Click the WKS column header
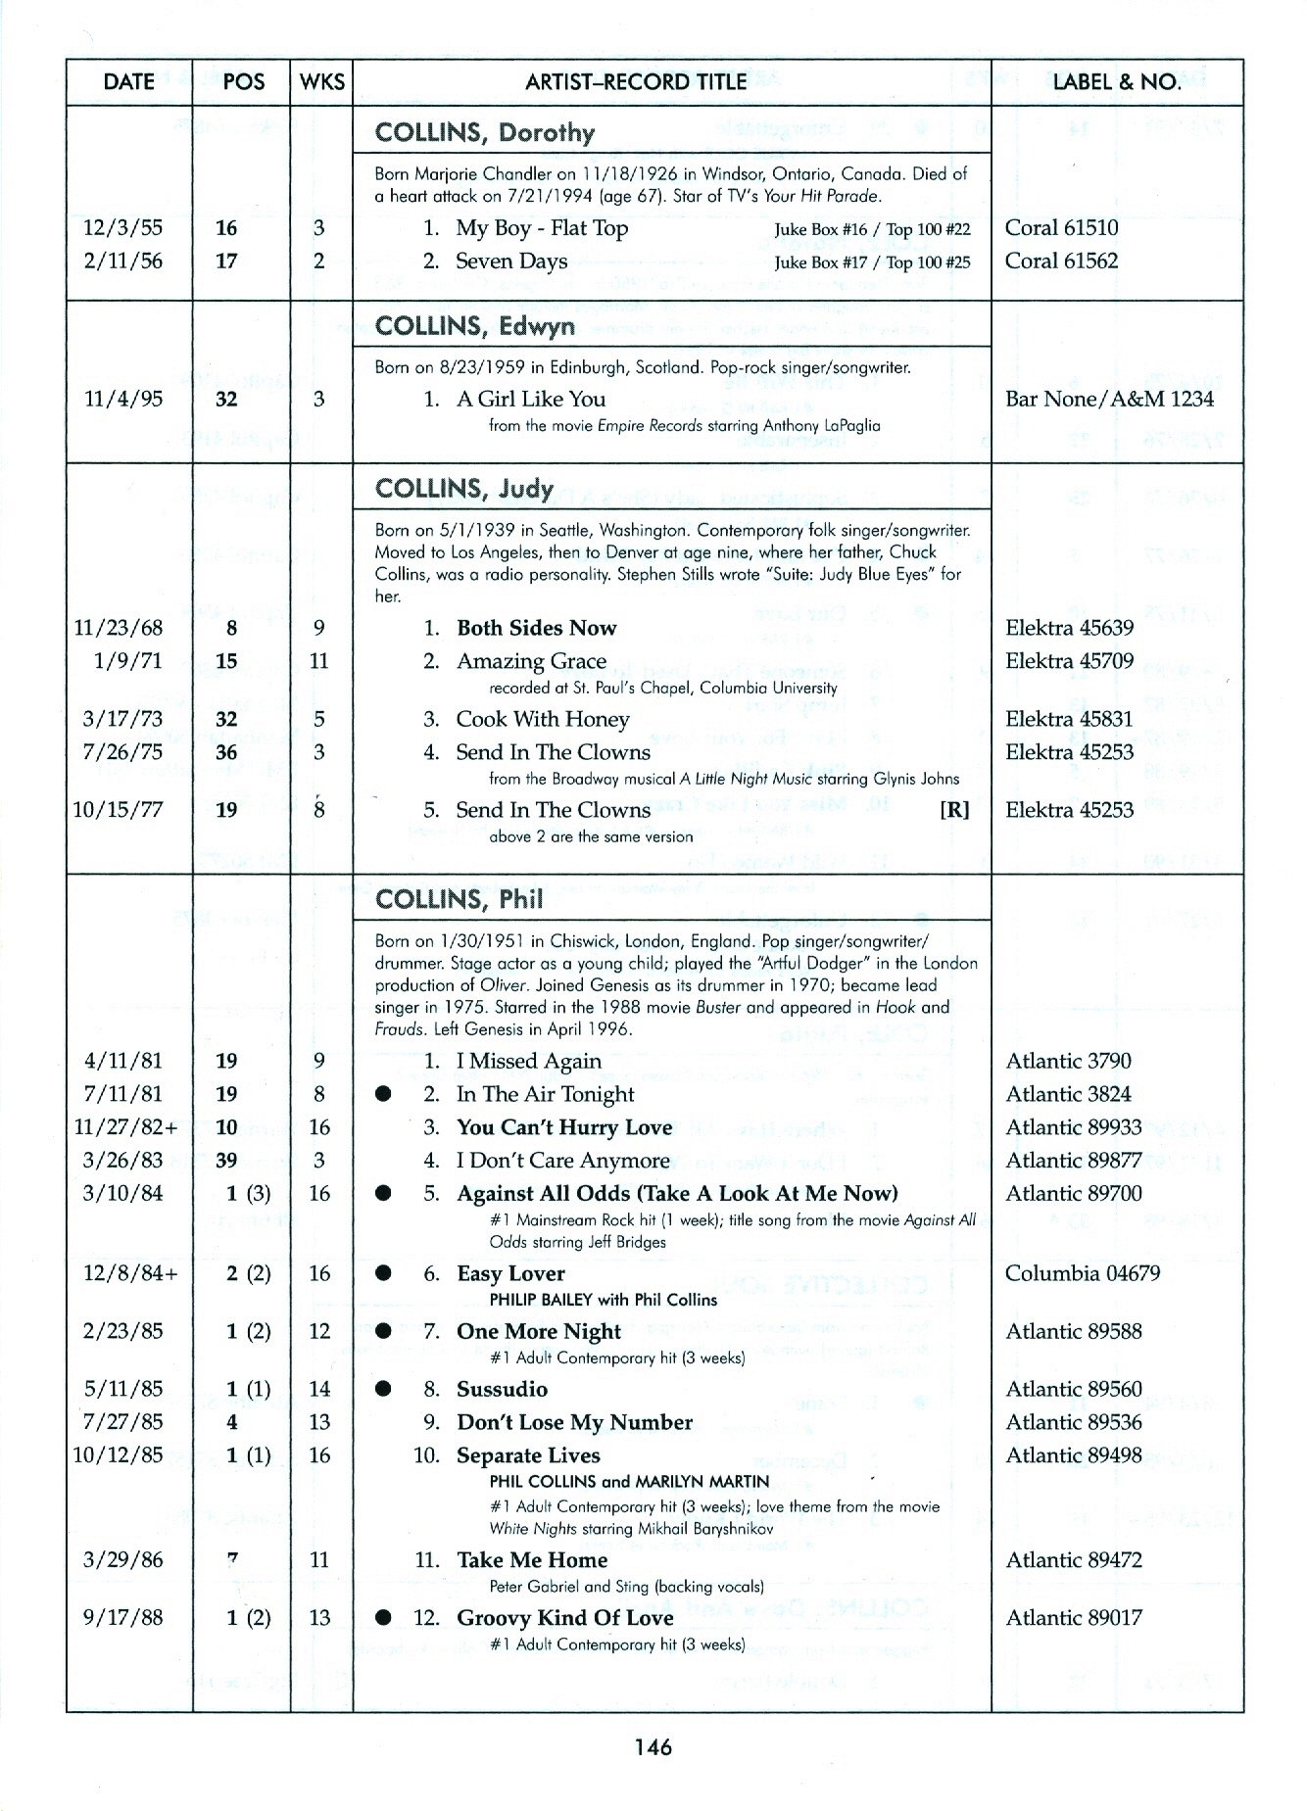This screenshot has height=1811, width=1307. (x=321, y=82)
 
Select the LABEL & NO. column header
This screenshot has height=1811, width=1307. (x=1117, y=82)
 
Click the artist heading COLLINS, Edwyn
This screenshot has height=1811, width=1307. (x=475, y=325)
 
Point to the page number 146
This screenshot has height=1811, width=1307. (x=653, y=1747)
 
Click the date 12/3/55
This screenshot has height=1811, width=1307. (x=123, y=228)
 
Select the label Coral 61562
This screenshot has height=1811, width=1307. (x=1061, y=262)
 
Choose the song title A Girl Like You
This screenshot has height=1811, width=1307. (x=531, y=400)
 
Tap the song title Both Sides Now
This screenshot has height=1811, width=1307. (x=536, y=629)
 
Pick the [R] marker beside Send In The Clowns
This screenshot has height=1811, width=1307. (x=954, y=810)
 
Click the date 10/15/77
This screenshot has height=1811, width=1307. (x=118, y=810)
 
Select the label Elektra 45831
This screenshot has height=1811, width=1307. (x=1069, y=720)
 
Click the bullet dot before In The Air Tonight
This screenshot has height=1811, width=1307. (x=384, y=1094)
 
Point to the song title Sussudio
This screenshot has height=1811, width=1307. (x=502, y=1390)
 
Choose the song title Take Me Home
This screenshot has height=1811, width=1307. (x=532, y=1560)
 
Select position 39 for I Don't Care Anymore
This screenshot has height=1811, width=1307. (x=226, y=1161)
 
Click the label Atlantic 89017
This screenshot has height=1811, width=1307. (x=1074, y=1618)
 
